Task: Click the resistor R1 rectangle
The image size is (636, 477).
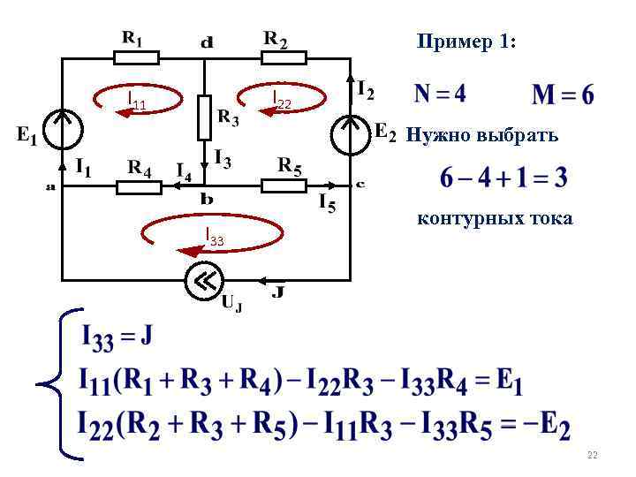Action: tap(136, 58)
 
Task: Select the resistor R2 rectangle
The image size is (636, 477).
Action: tap(284, 58)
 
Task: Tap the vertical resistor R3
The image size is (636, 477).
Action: tap(203, 117)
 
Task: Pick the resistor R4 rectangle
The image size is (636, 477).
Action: tap(139, 186)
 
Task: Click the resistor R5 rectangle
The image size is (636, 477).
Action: tap(284, 186)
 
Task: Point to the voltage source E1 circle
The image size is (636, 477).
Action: tap(62, 131)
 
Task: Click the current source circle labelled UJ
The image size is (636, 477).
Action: tap(204, 282)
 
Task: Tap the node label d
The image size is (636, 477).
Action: tap(206, 41)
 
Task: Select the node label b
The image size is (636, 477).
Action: tap(206, 200)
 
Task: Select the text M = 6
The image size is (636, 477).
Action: tap(563, 93)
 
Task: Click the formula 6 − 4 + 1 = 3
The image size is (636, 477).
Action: tap(504, 179)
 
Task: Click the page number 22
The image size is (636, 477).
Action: tap(592, 455)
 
